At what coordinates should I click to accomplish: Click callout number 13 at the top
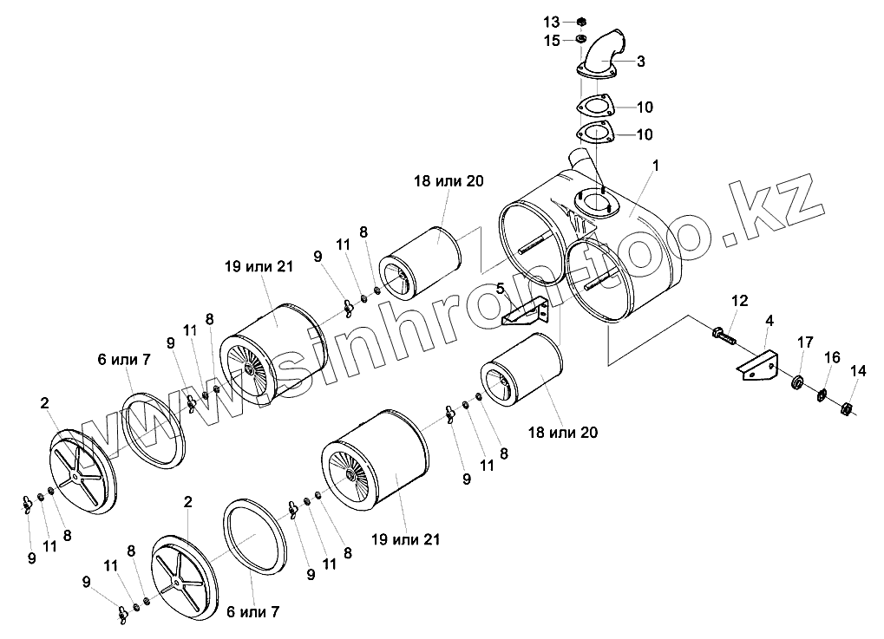point(552,21)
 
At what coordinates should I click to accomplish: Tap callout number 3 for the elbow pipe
point(640,61)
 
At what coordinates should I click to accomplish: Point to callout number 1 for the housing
point(657,165)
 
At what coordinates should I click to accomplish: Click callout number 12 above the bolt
point(739,301)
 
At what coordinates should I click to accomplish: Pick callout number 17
point(805,341)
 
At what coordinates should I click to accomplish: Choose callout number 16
point(833,356)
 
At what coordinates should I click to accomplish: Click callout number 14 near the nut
point(857,371)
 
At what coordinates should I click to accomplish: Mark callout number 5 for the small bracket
point(501,288)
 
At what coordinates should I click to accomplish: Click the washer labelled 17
point(797,381)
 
